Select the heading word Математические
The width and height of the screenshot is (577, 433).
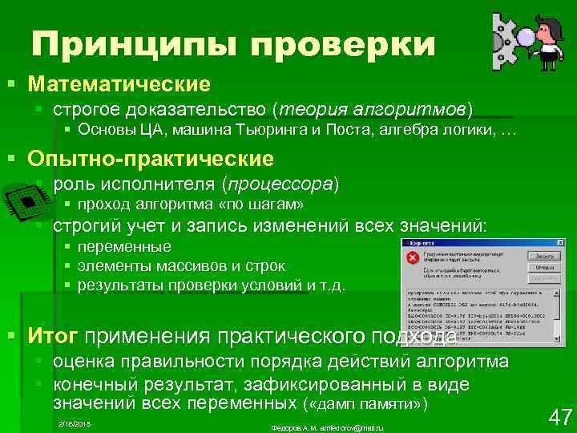118,83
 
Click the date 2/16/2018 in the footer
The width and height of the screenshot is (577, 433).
75,422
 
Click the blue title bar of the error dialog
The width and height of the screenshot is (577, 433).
481,241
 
